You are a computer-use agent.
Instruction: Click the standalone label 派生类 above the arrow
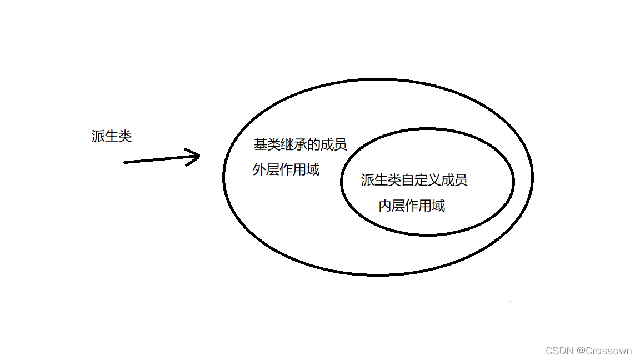tap(112, 136)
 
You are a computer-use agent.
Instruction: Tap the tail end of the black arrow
tap(125, 162)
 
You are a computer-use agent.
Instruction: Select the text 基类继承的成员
tap(301, 144)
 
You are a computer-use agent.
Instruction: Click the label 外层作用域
tap(286, 169)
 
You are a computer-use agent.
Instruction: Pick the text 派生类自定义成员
tap(414, 180)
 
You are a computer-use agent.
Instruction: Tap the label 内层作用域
tap(412, 206)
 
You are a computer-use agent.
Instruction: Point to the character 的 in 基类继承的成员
tap(314, 144)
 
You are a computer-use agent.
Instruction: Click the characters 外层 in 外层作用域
tap(266, 169)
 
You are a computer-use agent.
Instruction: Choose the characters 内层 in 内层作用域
tap(392, 206)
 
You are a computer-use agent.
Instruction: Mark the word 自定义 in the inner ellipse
tap(421, 180)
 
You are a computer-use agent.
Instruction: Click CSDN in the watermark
tap(559, 351)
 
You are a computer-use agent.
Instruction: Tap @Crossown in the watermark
tap(604, 351)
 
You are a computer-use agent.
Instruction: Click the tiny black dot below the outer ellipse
tap(511, 302)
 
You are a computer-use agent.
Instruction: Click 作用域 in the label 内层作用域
tap(425, 206)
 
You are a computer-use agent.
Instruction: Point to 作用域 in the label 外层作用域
tap(299, 169)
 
